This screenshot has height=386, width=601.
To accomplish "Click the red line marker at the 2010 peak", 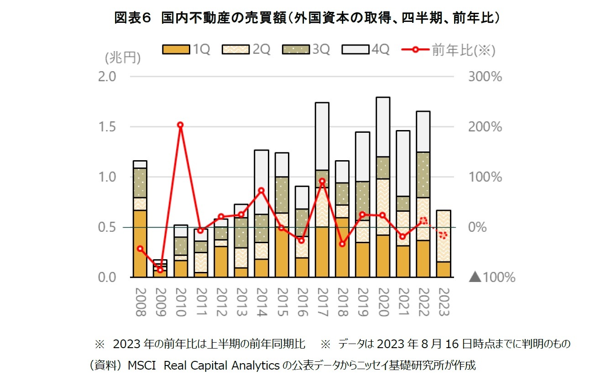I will click(180, 125).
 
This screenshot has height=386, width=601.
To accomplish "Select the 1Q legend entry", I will click(187, 50).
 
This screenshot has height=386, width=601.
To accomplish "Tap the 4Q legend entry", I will click(366, 50).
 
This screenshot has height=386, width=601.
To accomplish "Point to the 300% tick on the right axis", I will click(485, 77).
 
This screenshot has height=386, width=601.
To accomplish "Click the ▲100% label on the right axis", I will click(492, 277).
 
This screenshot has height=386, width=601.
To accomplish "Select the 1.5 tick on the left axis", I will click(108, 127).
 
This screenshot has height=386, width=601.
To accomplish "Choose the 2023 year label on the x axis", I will click(444, 302).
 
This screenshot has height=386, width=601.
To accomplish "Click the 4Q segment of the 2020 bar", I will click(383, 126).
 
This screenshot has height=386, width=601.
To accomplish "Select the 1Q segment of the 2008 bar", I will click(140, 243).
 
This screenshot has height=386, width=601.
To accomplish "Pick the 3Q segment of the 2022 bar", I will click(423, 175).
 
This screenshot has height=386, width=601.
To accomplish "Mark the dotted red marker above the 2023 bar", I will click(443, 235).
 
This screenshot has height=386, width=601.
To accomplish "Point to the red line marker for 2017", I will click(322, 181).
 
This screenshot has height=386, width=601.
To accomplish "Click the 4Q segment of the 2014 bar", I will click(261, 182).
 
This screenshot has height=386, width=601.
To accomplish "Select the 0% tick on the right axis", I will click(478, 227).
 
